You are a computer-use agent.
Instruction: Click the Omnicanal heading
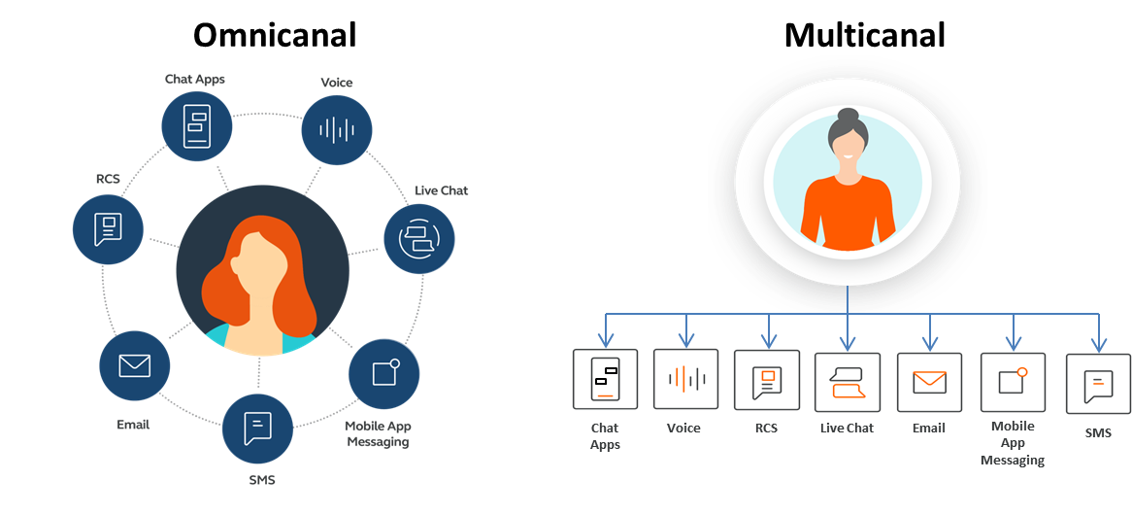(x=275, y=35)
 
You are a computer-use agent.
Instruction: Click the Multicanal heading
(x=864, y=35)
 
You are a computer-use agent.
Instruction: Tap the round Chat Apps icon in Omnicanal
(x=197, y=124)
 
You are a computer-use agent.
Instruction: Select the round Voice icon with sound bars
(x=337, y=129)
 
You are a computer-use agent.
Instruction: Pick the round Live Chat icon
(x=419, y=237)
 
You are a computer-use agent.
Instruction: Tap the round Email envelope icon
(x=135, y=365)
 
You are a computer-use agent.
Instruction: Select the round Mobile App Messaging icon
(x=383, y=373)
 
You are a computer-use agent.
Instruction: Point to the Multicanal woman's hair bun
(x=846, y=117)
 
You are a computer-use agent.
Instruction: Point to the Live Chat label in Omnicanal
(x=441, y=190)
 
